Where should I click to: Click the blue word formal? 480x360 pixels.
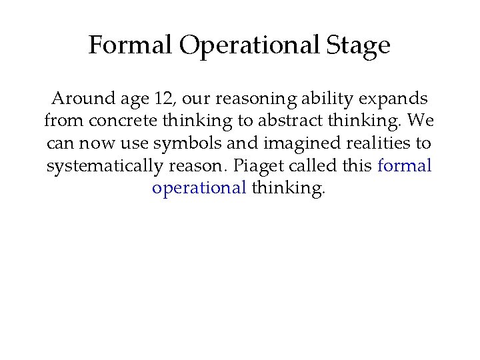point(405,165)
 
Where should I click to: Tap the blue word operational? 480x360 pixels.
point(199,187)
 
